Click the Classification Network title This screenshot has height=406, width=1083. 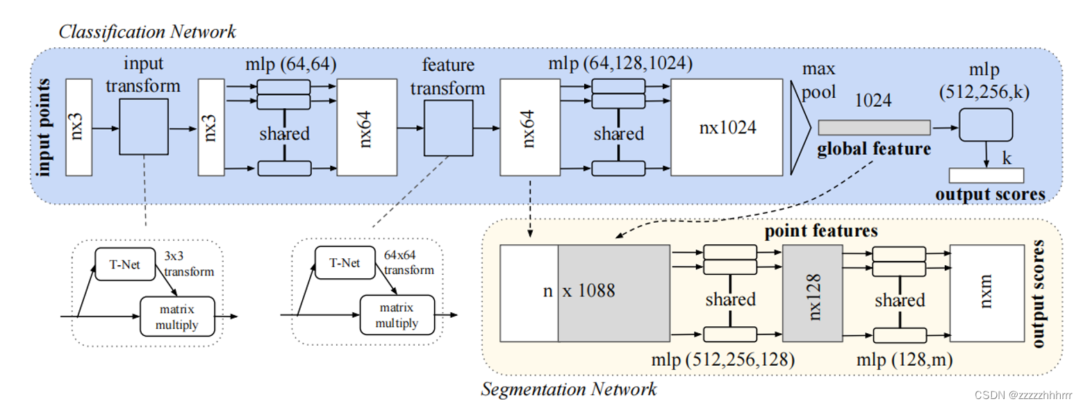(x=147, y=31)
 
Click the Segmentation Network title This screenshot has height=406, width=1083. (x=569, y=389)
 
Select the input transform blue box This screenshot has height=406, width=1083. (x=144, y=126)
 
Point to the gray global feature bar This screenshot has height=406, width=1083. (x=874, y=127)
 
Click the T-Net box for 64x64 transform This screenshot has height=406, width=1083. (x=342, y=264)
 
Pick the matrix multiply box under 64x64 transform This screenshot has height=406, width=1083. (x=397, y=314)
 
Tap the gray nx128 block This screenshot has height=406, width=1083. (x=813, y=292)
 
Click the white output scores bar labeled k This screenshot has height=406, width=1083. (x=986, y=176)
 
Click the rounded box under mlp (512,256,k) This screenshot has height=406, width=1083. (x=985, y=126)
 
